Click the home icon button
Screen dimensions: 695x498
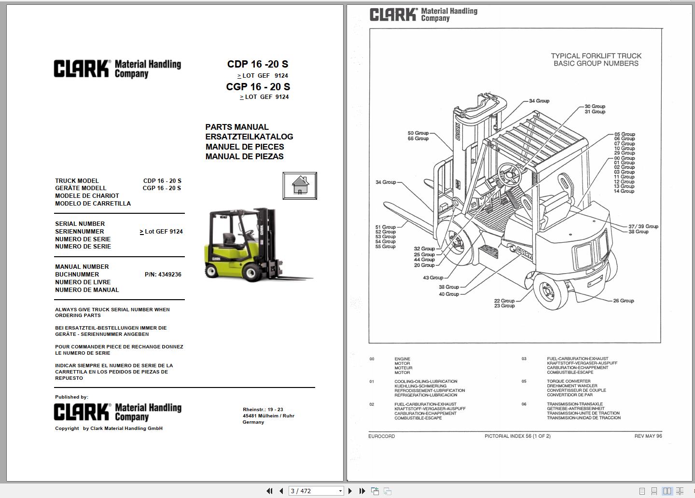[300, 186]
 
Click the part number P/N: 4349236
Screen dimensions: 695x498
[163, 274]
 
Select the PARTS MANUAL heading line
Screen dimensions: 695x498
[236, 127]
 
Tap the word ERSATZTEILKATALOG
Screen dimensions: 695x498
[249, 137]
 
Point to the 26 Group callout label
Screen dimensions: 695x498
[624, 301]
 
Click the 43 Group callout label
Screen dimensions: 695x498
[433, 277]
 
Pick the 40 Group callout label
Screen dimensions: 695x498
[449, 294]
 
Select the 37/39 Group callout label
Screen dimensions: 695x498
[643, 226]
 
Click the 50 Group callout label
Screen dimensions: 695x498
[418, 133]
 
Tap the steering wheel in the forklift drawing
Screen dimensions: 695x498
[510, 174]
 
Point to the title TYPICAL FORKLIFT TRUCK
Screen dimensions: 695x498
[596, 56]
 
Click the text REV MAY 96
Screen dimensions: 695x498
[648, 436]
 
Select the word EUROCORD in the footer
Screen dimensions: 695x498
[382, 436]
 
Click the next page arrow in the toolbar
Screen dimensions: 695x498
[350, 491]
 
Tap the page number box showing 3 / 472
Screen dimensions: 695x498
[316, 491]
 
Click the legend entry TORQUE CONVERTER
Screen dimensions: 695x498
[569, 381]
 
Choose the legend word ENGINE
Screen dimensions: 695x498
[403, 359]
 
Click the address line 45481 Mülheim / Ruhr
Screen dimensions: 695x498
[268, 416]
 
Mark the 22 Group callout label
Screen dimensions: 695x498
[504, 301]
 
